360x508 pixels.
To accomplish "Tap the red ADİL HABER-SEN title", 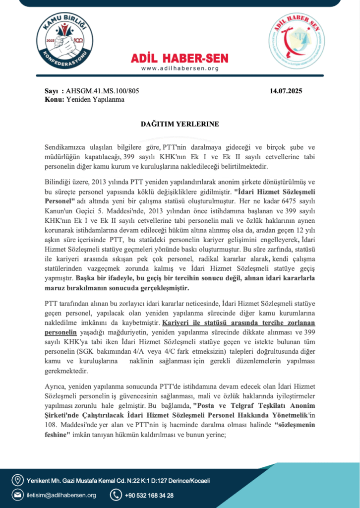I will click(180, 58).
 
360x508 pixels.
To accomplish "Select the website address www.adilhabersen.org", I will click(180, 68).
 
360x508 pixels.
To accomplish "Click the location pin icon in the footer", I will click(17, 480).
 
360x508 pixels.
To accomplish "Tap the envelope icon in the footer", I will click(17, 495).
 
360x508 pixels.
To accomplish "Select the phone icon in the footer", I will click(116, 495).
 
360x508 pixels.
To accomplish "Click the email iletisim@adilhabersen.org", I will click(61, 495).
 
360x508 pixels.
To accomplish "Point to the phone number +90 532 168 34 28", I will click(149, 495).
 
